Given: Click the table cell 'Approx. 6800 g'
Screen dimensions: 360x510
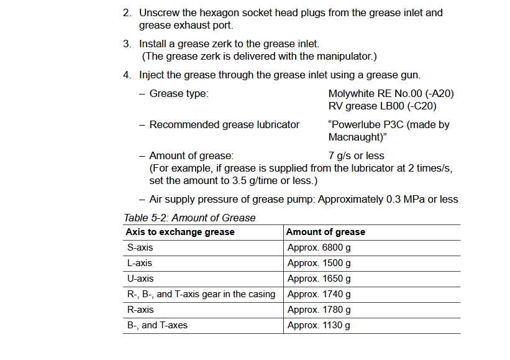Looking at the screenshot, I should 319,247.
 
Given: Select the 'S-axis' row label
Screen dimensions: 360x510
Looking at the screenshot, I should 140,247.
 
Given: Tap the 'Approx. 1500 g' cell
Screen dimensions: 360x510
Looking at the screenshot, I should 319,263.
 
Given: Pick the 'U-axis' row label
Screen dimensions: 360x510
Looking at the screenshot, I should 140,279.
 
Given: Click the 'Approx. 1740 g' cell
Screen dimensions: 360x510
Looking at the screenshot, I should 319,294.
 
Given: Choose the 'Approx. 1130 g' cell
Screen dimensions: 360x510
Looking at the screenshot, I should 319,325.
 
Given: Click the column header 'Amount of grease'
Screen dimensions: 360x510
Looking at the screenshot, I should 326,232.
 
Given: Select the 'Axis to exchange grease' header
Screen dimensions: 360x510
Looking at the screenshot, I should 180,232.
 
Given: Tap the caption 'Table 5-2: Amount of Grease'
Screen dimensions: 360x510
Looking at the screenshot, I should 189,218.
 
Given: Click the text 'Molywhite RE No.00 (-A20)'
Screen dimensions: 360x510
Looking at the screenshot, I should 391,94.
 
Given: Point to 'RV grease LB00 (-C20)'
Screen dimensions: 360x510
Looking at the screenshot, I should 378,106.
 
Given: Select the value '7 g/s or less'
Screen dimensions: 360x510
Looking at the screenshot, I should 356,156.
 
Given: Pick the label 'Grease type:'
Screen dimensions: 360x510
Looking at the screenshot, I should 179,94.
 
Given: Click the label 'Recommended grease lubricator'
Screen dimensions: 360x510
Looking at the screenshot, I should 224,125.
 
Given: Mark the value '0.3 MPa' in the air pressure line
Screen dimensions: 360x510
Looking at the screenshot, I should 406,200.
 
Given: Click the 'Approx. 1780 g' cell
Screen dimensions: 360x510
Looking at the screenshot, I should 319,310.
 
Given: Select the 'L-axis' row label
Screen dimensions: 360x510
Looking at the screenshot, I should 140,263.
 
